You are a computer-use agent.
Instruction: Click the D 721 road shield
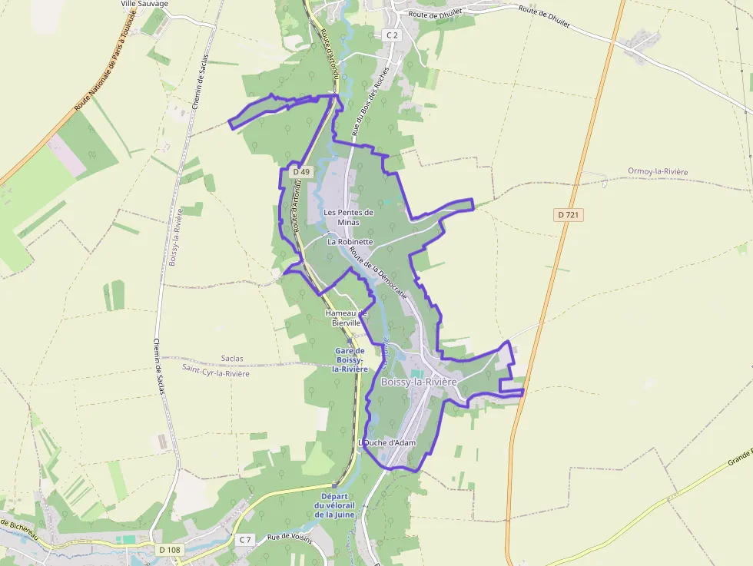click(568, 215)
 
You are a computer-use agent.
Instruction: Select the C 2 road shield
click(392, 35)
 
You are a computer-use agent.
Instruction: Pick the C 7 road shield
click(244, 540)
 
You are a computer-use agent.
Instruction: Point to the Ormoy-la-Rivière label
click(657, 171)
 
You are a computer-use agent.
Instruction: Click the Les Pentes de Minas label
click(348, 217)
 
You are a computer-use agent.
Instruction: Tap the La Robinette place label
click(350, 241)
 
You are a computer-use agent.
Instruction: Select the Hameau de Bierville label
click(347, 318)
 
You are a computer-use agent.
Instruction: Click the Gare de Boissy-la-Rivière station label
click(350, 359)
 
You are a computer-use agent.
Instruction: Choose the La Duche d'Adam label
click(388, 443)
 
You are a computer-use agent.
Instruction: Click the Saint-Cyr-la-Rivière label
click(216, 373)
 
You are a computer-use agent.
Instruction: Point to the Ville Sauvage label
click(144, 4)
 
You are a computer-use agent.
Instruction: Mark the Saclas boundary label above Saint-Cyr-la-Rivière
click(231, 359)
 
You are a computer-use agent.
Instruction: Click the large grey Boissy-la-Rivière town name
click(419, 382)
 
